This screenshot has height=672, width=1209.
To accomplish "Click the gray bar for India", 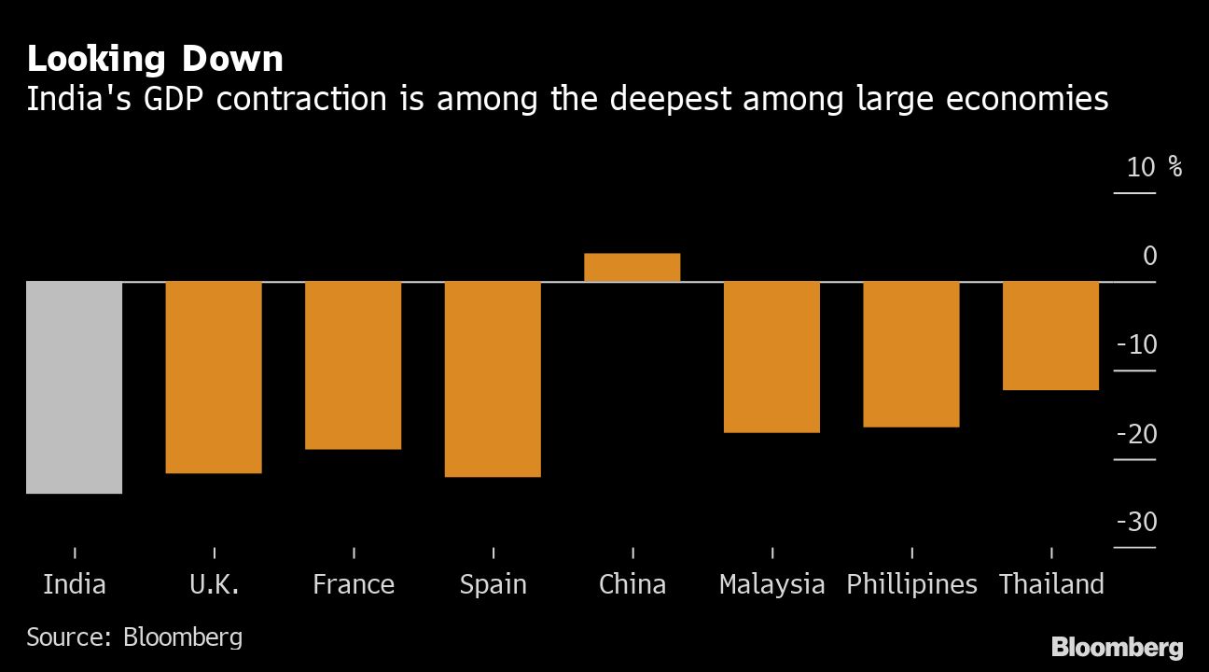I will pyautogui.click(x=74, y=386).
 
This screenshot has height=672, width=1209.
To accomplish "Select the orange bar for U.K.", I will pyautogui.click(x=214, y=377).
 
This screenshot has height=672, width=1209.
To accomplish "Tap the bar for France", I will pyautogui.click(x=354, y=365).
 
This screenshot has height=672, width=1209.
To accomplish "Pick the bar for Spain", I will pyautogui.click(x=493, y=379).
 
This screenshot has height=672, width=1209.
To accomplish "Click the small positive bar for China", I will pyautogui.click(x=632, y=267).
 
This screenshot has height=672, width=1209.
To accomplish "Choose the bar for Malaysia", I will pyautogui.click(x=772, y=357).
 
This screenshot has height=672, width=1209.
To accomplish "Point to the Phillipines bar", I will pyautogui.click(x=911, y=354).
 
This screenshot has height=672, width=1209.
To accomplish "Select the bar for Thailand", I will pyautogui.click(x=1051, y=335).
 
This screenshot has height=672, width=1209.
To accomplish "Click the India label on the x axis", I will pyautogui.click(x=75, y=585).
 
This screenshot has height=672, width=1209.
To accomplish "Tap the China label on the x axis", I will pyautogui.click(x=632, y=585).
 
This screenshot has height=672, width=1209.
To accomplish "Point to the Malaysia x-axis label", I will pyautogui.click(x=772, y=585).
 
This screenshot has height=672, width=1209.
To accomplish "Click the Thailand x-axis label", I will pyautogui.click(x=1051, y=585).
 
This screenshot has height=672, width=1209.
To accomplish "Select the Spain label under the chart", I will pyautogui.click(x=493, y=585).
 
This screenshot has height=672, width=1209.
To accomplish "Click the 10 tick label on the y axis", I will pyautogui.click(x=1141, y=168).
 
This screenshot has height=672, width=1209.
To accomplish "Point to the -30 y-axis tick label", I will pyautogui.click(x=1136, y=523).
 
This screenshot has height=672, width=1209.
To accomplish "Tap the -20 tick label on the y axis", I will pyautogui.click(x=1136, y=434).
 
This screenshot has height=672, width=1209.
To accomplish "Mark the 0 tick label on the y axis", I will pyautogui.click(x=1149, y=257).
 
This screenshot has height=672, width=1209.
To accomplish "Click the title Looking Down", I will pyautogui.click(x=155, y=60).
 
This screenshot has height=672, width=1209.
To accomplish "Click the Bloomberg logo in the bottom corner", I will pyautogui.click(x=1117, y=647).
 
